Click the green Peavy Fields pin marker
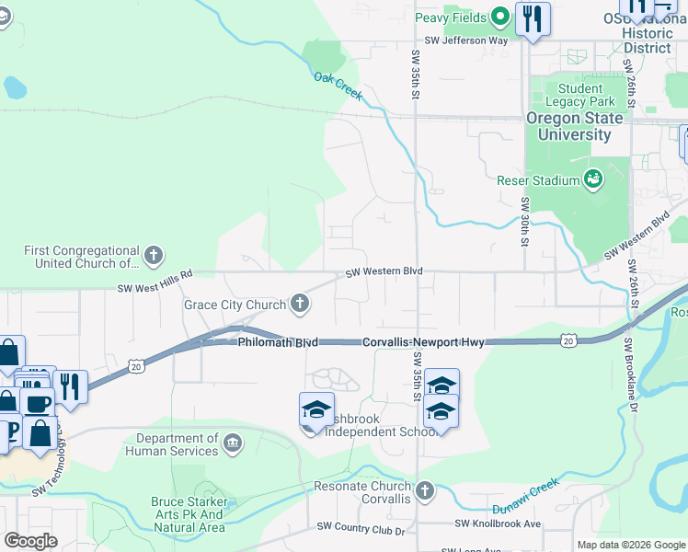(x=500, y=16)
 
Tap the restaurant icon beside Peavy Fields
(x=533, y=19)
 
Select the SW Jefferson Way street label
(x=465, y=40)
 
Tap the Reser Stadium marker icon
(x=593, y=178)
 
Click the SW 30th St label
(x=524, y=222)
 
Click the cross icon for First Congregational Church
(x=154, y=254)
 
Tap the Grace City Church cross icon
(x=299, y=303)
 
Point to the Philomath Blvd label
(x=278, y=342)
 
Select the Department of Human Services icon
(x=234, y=444)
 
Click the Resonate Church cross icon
(x=424, y=490)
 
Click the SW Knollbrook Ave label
(x=498, y=523)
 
